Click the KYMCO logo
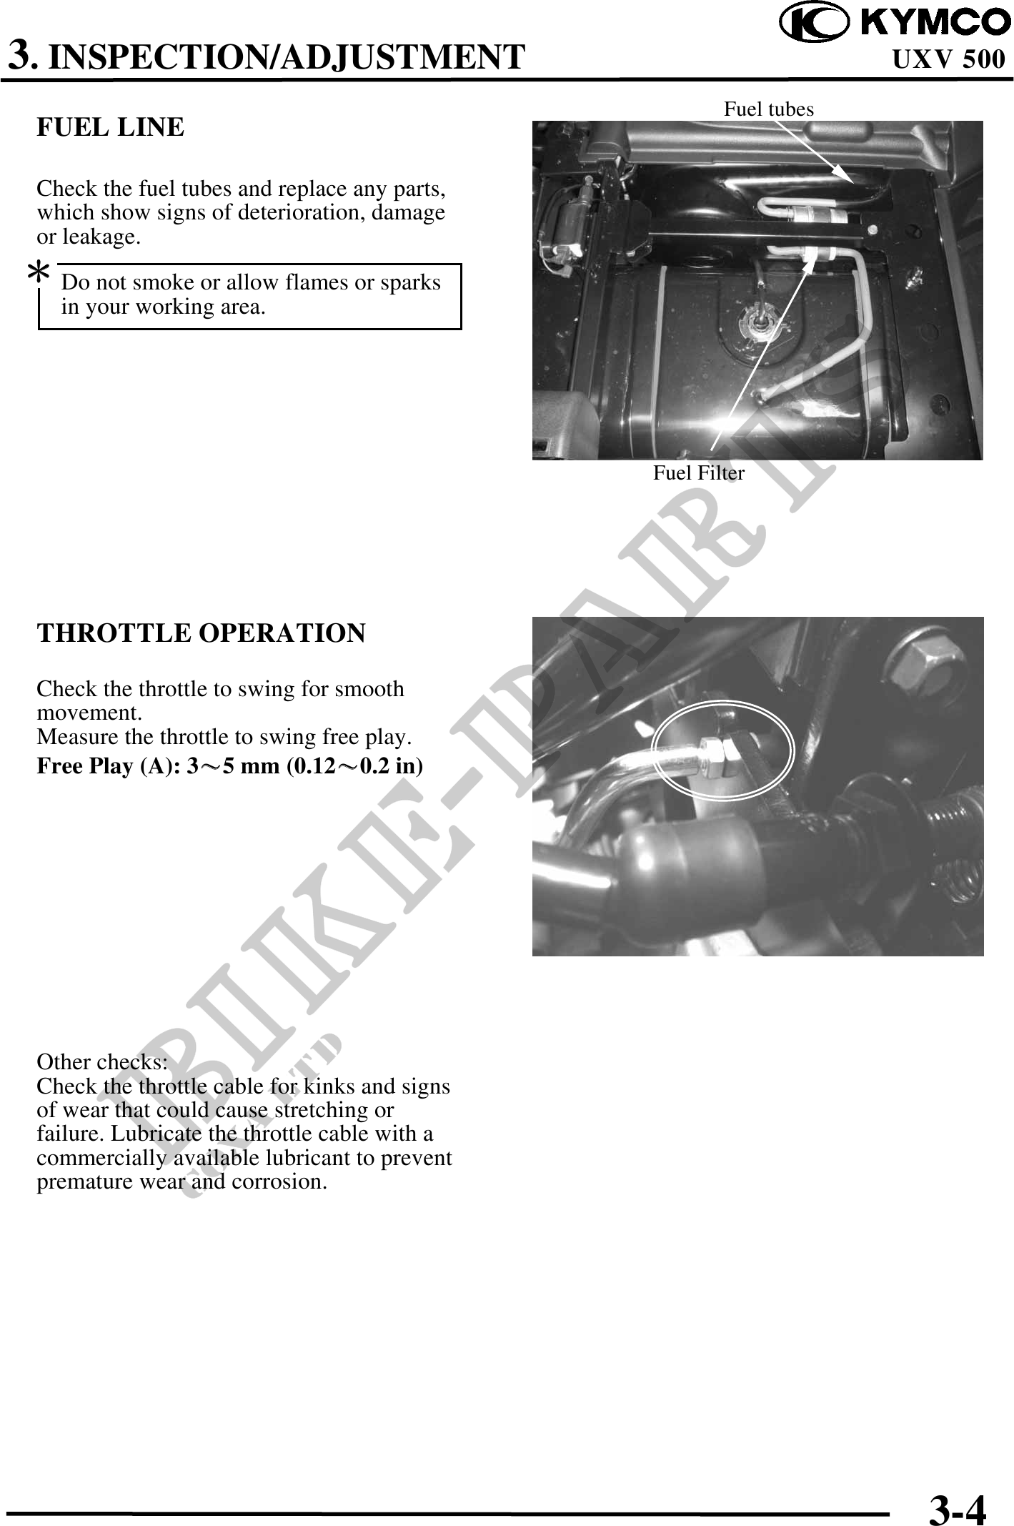coord(893,23)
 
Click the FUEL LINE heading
coord(111,128)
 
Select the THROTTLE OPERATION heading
coord(201,633)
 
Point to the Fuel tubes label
coord(768,109)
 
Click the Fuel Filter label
coord(698,473)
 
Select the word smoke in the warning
coord(165,283)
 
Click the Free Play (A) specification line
coord(229,766)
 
